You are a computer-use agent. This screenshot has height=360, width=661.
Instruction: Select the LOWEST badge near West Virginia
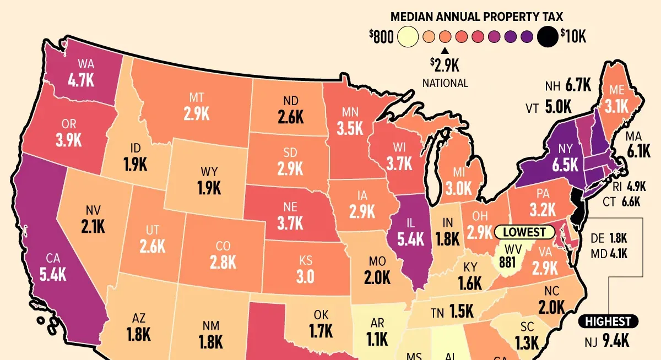pos(524,232)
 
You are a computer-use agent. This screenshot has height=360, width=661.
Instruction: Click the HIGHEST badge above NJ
pos(608,321)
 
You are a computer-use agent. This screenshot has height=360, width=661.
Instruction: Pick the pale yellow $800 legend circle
pos(408,37)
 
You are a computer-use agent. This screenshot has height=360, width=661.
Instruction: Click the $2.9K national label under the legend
pos(445,66)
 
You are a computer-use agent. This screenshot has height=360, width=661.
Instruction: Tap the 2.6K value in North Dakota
pos(290,117)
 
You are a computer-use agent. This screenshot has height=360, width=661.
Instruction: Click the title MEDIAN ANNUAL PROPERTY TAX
pos(477,17)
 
